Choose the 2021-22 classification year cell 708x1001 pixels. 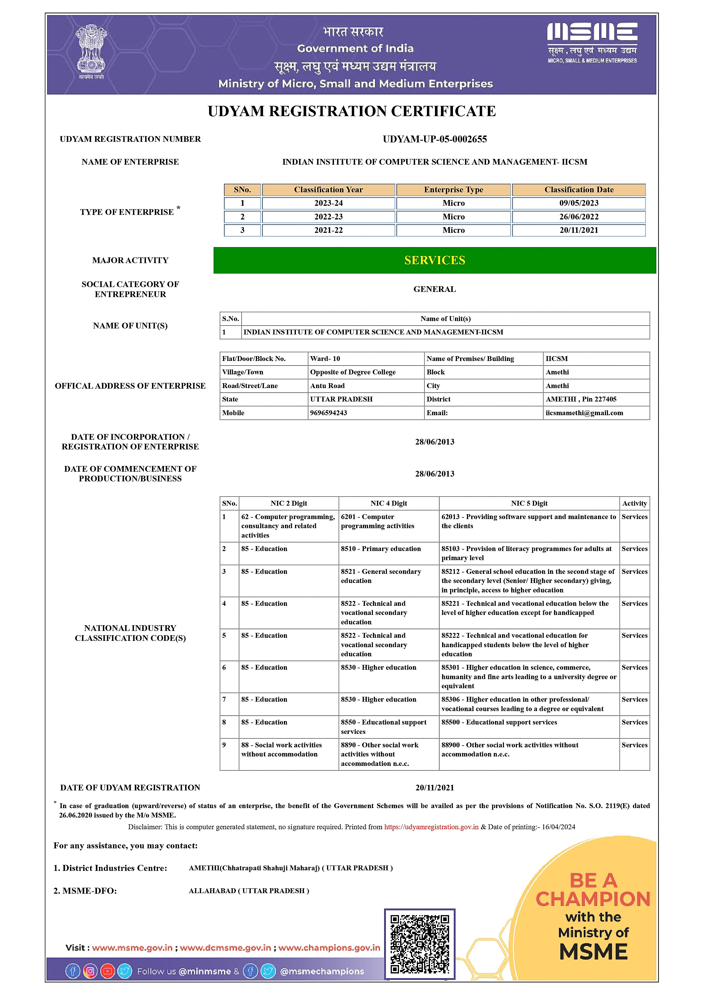click(328, 230)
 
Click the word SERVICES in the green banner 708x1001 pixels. click(434, 260)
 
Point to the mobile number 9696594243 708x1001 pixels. click(328, 413)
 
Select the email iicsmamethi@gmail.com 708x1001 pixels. click(584, 413)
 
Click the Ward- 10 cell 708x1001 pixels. click(325, 359)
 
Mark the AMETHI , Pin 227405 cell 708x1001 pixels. click(581, 399)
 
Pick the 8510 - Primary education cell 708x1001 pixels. click(381, 549)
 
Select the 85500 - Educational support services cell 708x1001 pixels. click(499, 723)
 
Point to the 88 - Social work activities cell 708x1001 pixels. click(281, 749)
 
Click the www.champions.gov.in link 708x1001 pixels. click(329, 948)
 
